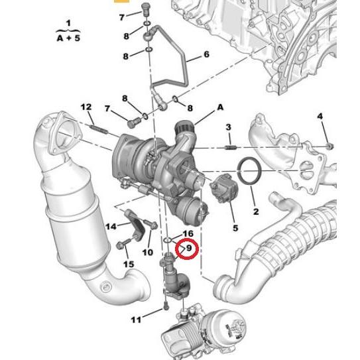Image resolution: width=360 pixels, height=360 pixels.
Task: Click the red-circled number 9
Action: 189,249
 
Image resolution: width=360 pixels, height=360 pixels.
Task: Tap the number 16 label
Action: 188,234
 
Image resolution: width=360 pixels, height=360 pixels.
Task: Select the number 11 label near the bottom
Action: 136,320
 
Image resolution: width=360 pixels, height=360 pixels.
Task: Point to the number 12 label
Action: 86,107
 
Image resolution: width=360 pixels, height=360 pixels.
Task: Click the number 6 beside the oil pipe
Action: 206,54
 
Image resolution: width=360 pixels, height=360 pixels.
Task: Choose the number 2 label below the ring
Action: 255,212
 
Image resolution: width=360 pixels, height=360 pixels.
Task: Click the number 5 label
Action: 235,229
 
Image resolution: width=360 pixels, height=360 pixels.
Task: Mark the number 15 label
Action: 128,265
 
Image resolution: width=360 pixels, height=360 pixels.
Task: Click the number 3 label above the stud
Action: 228,127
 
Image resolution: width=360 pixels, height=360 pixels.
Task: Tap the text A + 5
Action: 66,37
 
